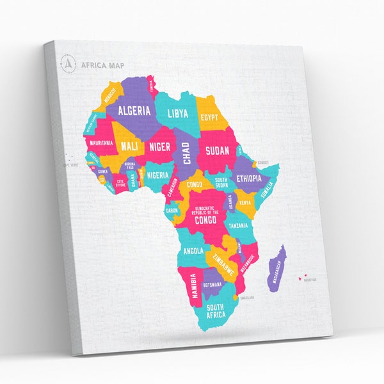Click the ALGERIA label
coord(134,110)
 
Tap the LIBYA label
coord(178,114)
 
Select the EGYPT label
coord(209,118)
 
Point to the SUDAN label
coord(217,151)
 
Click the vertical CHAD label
coord(187,153)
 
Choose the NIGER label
coord(159,147)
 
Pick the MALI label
coord(129,146)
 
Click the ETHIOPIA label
coord(249,179)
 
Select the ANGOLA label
coord(193,250)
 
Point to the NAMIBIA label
coord(190,284)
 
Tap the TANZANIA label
coord(238,226)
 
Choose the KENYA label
coord(245,202)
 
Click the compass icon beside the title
coord(67,63)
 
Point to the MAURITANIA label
coord(101,142)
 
